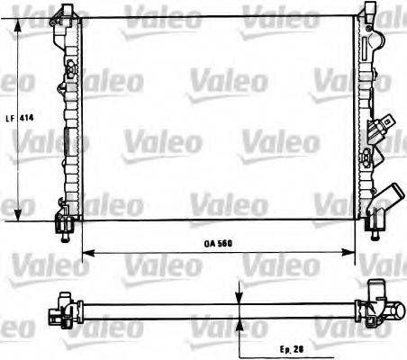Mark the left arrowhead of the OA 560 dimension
[85, 253]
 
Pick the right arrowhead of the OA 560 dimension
[353, 253]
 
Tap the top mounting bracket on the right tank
[368, 12]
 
